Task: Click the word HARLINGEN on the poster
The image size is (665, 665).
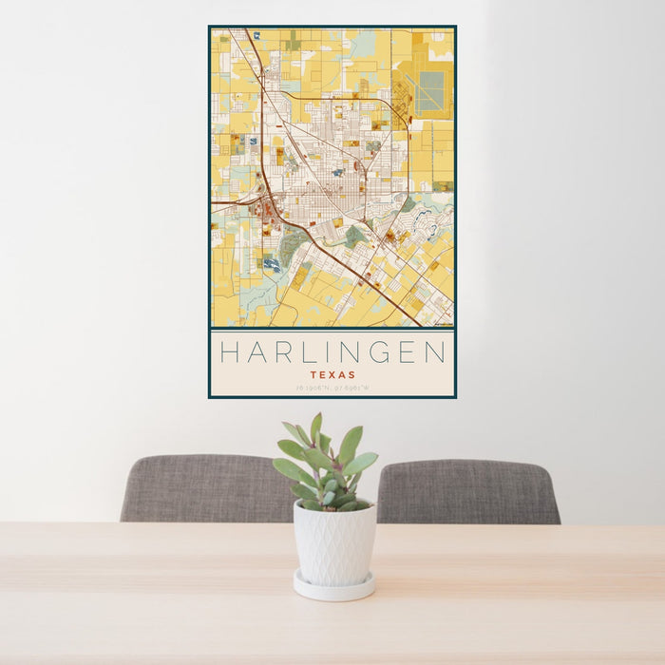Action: click(x=332, y=353)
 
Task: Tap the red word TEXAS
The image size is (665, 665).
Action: click(x=332, y=375)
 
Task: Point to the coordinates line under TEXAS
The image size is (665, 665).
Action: click(x=332, y=388)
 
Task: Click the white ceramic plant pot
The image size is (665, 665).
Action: click(x=333, y=543)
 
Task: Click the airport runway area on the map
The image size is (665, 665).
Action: click(x=430, y=91)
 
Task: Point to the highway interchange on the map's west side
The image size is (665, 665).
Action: click(x=258, y=201)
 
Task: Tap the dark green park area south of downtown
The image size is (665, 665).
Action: click(x=354, y=236)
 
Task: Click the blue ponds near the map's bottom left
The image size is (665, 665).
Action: click(x=273, y=264)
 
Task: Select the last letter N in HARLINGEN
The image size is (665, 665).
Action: click(x=435, y=353)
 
